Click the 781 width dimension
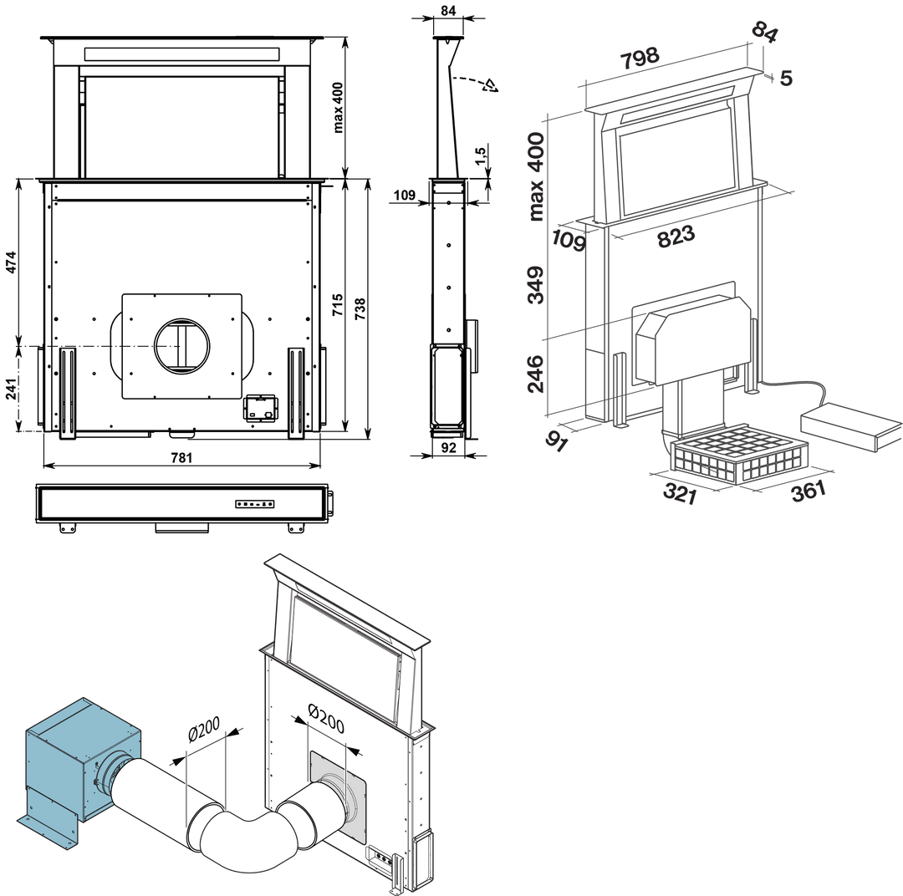click(181, 456)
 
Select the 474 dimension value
click(11, 261)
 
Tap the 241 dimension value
click(11, 388)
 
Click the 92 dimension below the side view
click(449, 447)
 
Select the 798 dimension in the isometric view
click(640, 59)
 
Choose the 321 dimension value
click(681, 494)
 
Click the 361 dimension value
click(808, 490)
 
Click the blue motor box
click(79, 754)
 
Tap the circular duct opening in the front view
click(181, 345)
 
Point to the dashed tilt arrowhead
click(493, 86)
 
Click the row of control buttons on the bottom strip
click(254, 504)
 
